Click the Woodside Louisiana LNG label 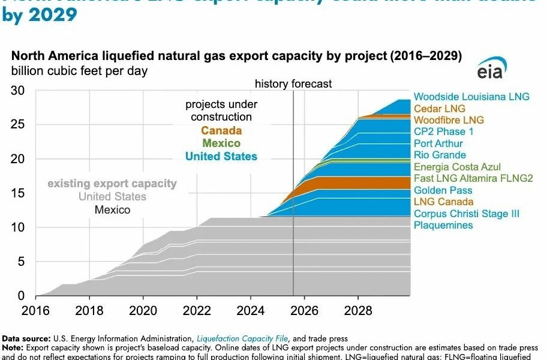click(x=471, y=97)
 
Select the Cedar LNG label click(x=440, y=109)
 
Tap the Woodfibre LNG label click(x=449, y=120)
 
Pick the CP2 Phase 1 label click(x=443, y=131)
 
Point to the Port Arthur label click(x=438, y=143)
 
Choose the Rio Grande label click(x=440, y=155)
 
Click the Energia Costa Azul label click(x=457, y=167)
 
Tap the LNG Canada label click(x=443, y=202)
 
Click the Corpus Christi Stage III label click(x=467, y=214)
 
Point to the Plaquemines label click(x=443, y=225)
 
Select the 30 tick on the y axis click(x=18, y=91)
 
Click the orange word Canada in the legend click(x=221, y=131)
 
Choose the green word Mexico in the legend click(x=221, y=143)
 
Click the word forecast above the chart click(x=312, y=84)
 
